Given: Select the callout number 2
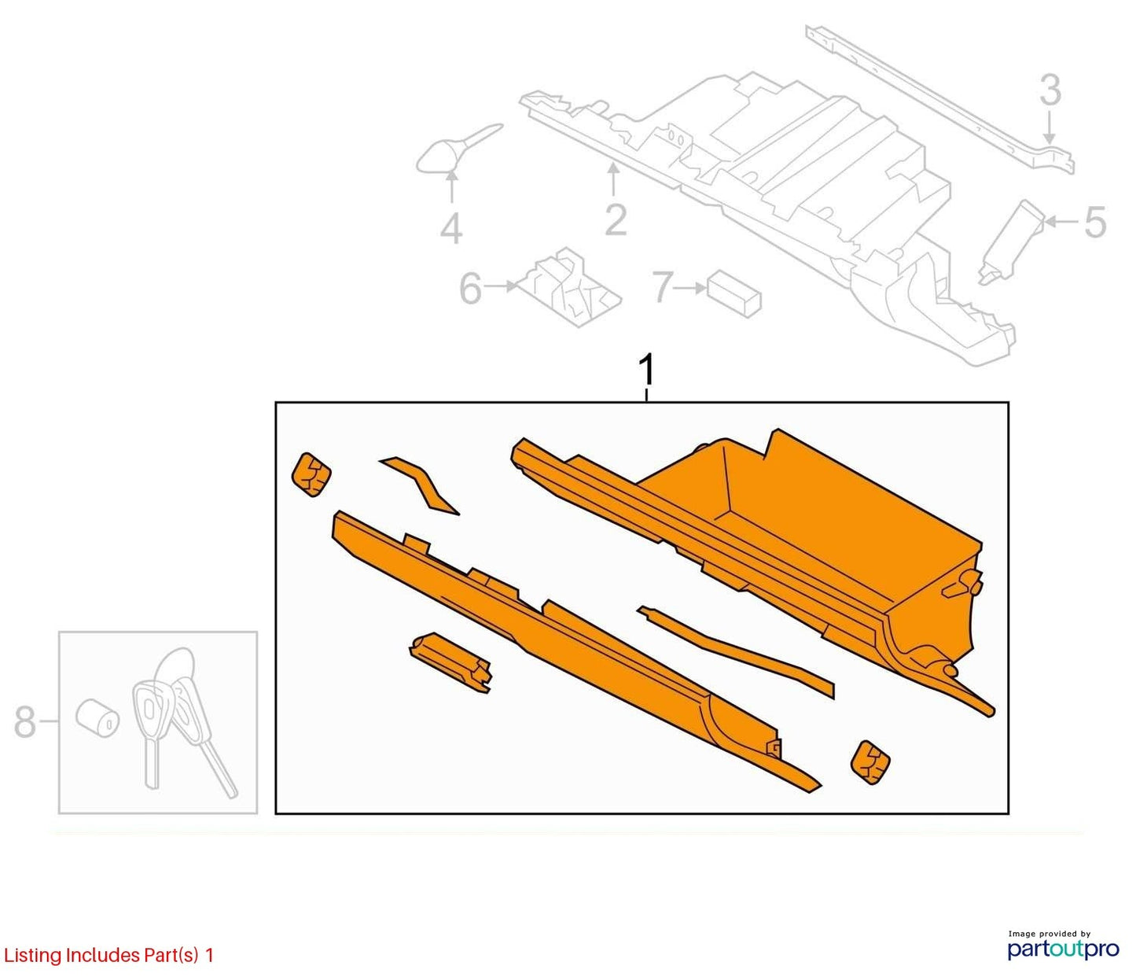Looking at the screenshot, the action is pos(616,220).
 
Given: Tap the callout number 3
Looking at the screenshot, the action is pos(1050,90).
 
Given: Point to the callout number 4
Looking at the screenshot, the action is pos(451,228).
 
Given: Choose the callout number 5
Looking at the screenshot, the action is pos(1095,223).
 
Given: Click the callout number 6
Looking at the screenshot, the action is pos(470,288).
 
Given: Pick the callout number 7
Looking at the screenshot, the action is pos(663,286).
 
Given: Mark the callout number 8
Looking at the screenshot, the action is pos(25,722).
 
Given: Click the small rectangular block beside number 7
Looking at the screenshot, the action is pos(734,293).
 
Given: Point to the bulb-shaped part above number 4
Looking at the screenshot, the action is pos(450,149).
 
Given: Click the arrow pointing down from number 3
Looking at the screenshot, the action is pos(1050,127).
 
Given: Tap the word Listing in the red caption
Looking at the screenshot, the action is pos(32,956).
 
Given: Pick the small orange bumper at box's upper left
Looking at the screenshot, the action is pos(311,474).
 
